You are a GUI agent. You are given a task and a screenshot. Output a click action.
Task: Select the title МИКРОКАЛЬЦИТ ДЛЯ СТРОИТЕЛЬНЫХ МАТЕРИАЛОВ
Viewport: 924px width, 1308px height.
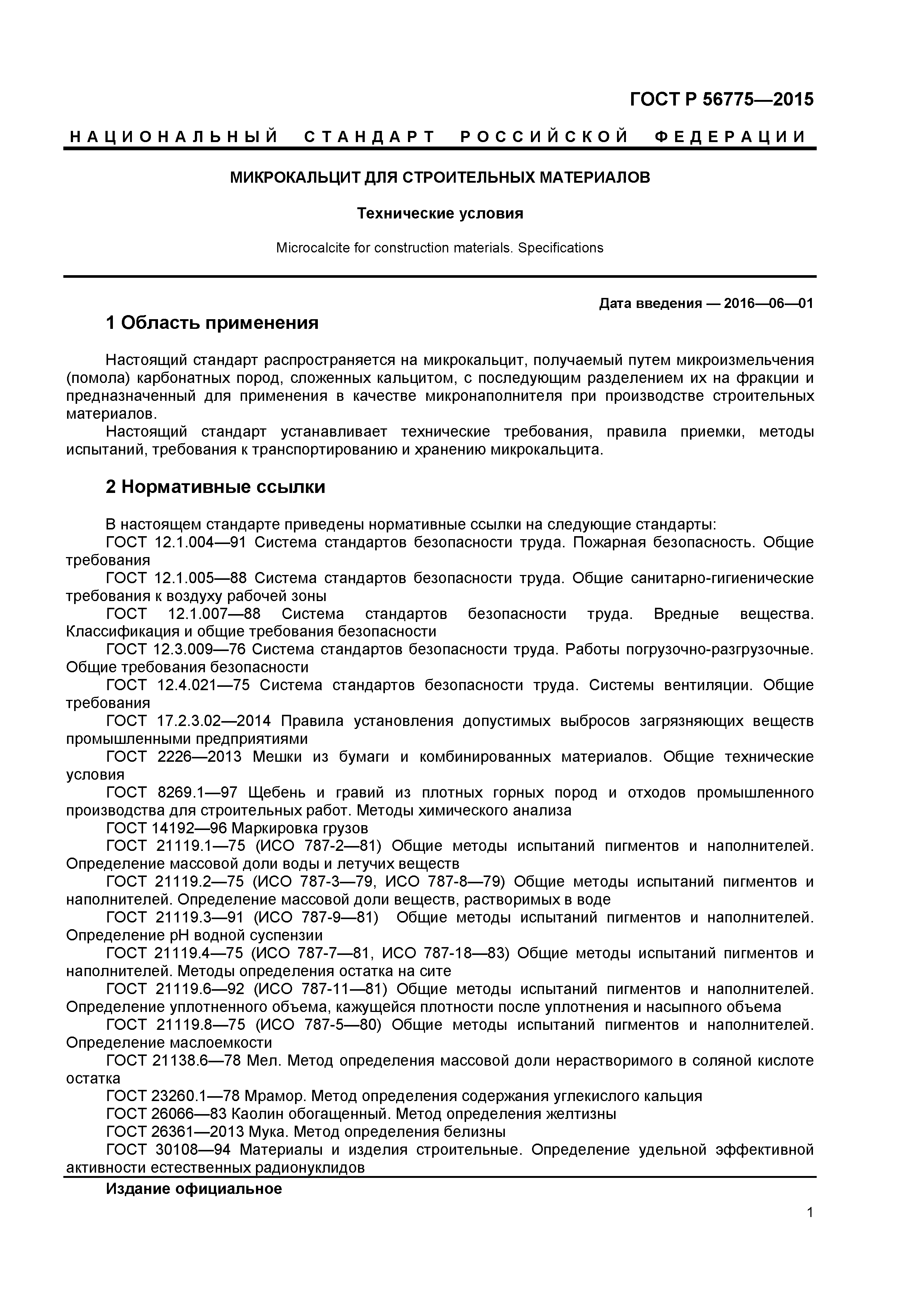440,178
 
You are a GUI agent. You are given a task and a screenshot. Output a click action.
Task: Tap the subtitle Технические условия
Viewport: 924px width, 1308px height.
440,214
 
